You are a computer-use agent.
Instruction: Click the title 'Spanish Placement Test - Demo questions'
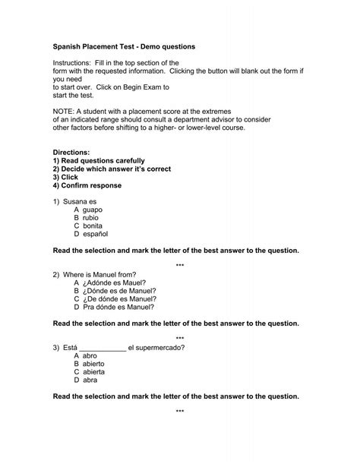[124, 46]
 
